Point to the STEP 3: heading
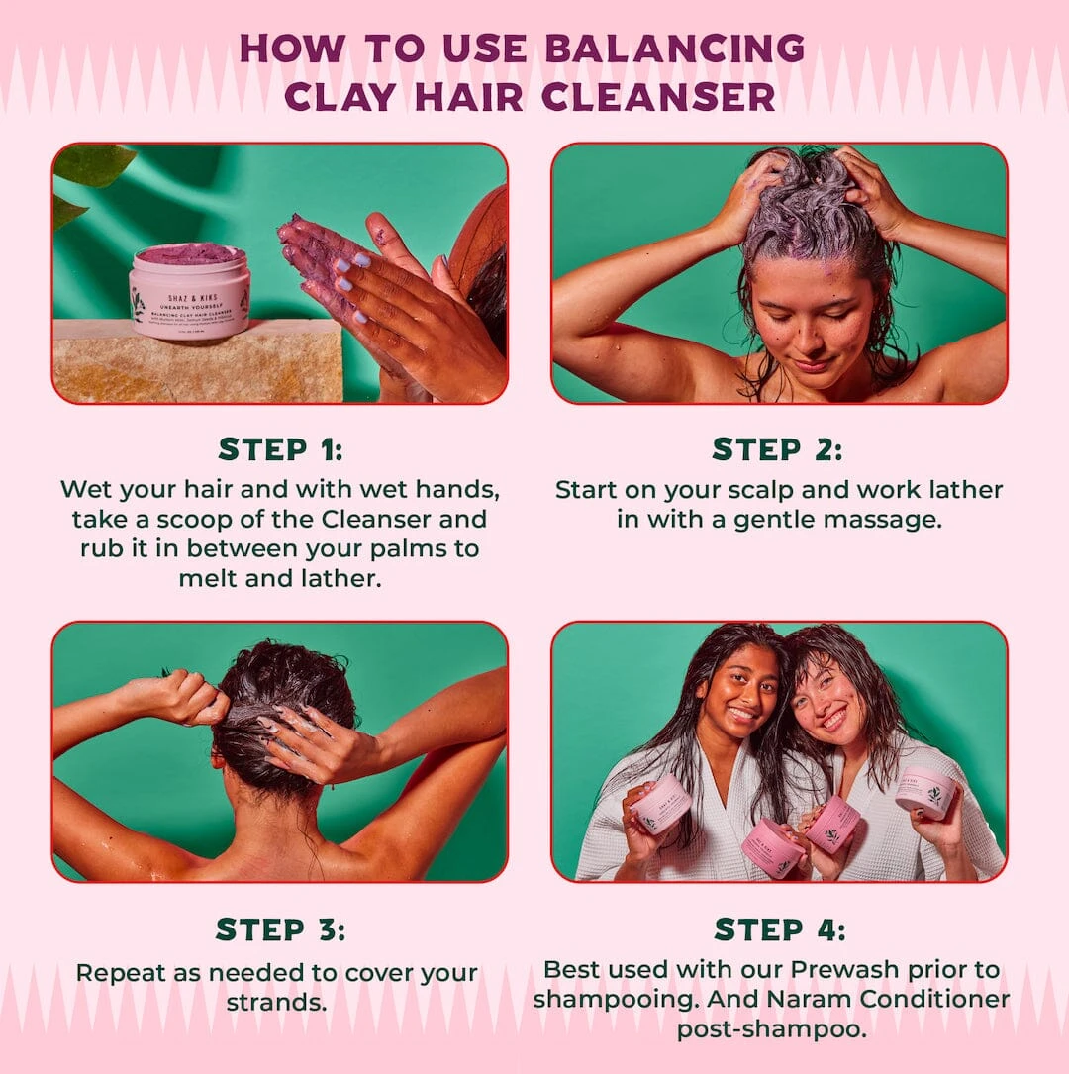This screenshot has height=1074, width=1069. [x=280, y=929]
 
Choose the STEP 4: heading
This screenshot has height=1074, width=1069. [x=779, y=929]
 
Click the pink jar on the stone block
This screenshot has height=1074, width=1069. [x=189, y=292]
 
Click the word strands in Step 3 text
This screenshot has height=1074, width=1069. [x=277, y=1002]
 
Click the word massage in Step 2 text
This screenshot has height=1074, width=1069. [x=887, y=519]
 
